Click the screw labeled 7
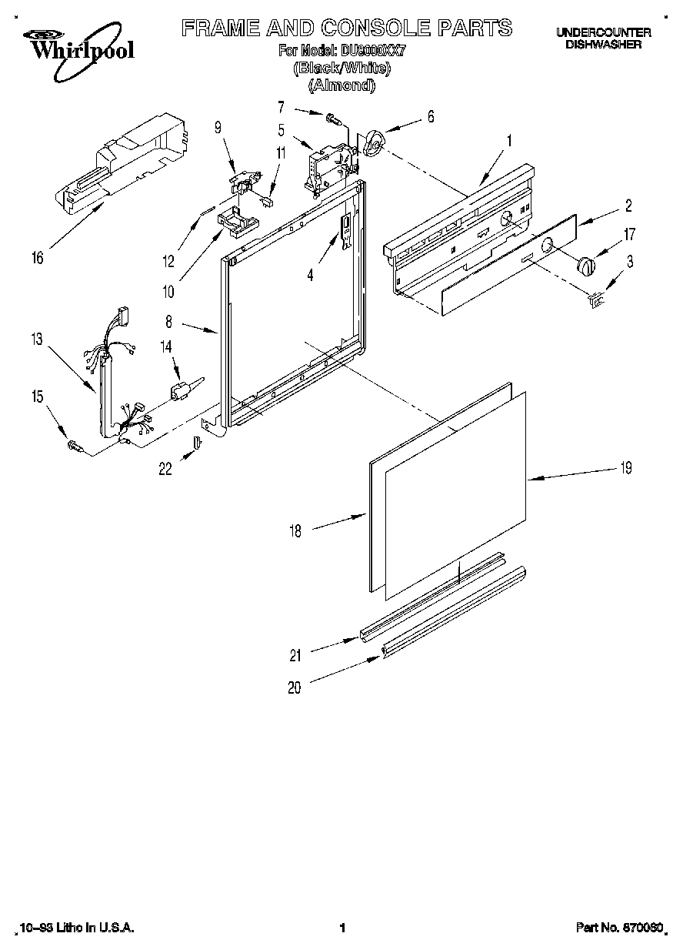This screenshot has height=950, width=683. [x=334, y=119]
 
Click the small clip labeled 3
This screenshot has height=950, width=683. [x=595, y=301]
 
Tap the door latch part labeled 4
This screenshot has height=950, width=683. [x=346, y=229]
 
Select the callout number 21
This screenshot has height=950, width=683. [x=295, y=655]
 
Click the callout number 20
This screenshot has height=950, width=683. [x=295, y=688]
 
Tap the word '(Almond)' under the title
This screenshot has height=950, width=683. [x=341, y=85]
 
